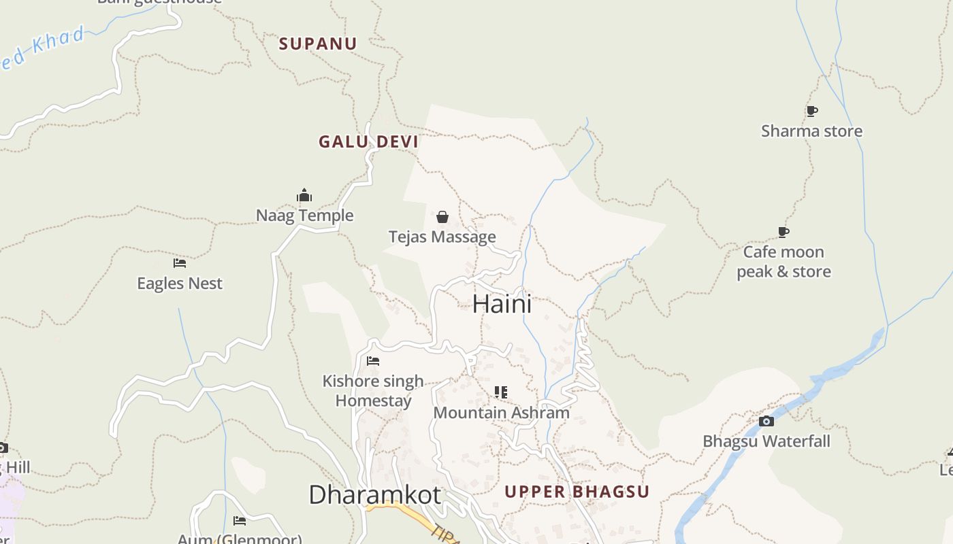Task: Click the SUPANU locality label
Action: pyautogui.click(x=318, y=44)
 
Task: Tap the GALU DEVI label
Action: pyautogui.click(x=368, y=142)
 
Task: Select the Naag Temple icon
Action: pyautogui.click(x=304, y=196)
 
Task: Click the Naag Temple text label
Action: pyautogui.click(x=304, y=216)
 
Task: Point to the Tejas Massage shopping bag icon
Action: pyautogui.click(x=442, y=217)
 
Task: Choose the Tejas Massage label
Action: pyautogui.click(x=442, y=237)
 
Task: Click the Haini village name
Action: pyautogui.click(x=502, y=303)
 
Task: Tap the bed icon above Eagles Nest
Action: pyautogui.click(x=180, y=262)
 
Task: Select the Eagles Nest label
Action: pyautogui.click(x=180, y=284)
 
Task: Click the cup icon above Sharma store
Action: pyautogui.click(x=811, y=111)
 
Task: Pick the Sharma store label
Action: pyautogui.click(x=811, y=131)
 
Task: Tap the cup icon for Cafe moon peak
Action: pyautogui.click(x=784, y=233)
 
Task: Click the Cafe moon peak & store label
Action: pyautogui.click(x=784, y=262)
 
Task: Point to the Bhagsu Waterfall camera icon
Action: pyautogui.click(x=766, y=421)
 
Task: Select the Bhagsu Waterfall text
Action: pyautogui.click(x=766, y=441)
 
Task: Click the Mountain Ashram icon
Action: pyautogui.click(x=501, y=392)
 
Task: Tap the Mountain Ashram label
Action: pyautogui.click(x=501, y=413)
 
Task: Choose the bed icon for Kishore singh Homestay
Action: pyautogui.click(x=373, y=360)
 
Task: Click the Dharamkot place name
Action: pyautogui.click(x=374, y=494)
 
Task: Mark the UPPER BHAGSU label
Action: pyautogui.click(x=577, y=492)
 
